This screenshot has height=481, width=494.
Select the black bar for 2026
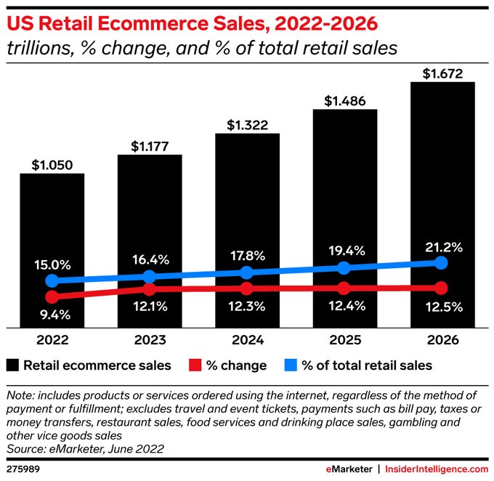(x=442, y=182)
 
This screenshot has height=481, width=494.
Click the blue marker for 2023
(x=149, y=276)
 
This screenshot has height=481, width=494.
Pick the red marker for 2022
(x=52, y=296)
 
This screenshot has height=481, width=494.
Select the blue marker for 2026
(x=442, y=263)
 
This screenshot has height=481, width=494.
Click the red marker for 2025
(x=344, y=288)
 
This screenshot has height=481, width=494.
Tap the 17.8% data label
(x=248, y=256)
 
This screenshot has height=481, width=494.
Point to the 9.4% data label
(x=52, y=314)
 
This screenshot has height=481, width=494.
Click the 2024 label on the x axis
(x=247, y=340)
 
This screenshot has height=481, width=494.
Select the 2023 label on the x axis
(x=149, y=340)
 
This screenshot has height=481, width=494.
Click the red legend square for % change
(x=194, y=365)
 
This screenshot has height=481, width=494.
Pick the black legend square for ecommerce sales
(x=12, y=365)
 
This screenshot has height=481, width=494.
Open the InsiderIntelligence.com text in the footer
(x=434, y=469)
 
